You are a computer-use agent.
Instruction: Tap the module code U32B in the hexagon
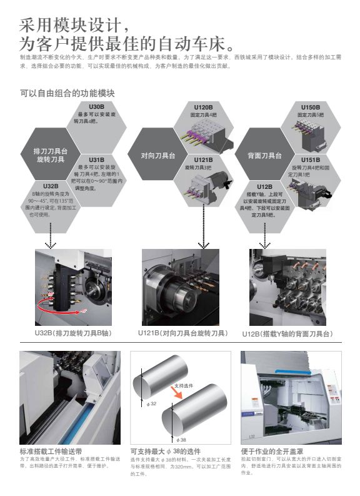pos(51,186)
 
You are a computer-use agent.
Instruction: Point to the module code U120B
pos(203,107)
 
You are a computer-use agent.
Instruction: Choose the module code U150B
pos(311,107)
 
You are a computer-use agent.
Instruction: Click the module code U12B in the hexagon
pos(264,186)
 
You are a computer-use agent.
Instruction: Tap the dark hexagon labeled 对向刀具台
pos(157,154)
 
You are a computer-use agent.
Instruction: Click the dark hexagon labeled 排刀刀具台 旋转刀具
pos(50,155)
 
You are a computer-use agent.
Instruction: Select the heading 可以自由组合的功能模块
pos(67,93)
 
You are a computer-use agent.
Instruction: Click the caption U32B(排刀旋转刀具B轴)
pos(73,333)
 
